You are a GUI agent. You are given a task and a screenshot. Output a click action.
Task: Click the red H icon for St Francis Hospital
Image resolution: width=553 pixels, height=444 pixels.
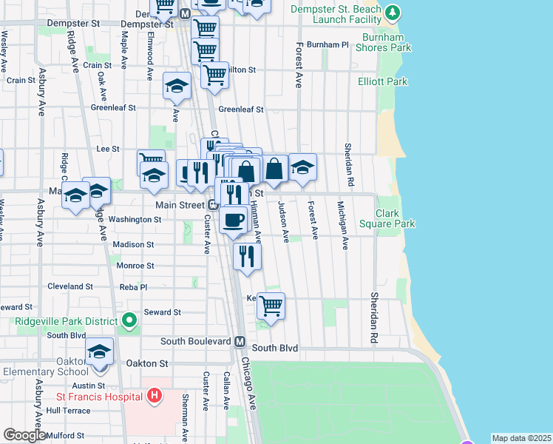(x=154, y=397)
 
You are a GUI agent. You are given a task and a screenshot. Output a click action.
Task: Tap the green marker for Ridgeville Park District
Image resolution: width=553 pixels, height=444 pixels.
(x=130, y=321)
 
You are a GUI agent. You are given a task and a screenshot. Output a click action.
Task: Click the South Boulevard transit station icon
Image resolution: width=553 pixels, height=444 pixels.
(x=240, y=342)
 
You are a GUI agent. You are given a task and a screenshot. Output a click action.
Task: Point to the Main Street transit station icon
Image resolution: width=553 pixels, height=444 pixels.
(x=212, y=204)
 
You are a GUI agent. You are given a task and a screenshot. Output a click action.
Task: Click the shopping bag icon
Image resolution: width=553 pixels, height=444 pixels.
(x=274, y=169)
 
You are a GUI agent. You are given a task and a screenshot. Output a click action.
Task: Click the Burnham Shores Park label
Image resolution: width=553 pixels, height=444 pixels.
(x=387, y=41)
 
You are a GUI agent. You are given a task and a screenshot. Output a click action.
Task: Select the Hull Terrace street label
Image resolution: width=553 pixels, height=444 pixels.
(x=68, y=410)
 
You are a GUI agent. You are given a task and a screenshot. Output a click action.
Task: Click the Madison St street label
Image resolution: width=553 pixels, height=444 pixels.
(x=133, y=244)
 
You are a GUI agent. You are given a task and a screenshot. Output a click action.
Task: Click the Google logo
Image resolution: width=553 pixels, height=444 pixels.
(x=24, y=435)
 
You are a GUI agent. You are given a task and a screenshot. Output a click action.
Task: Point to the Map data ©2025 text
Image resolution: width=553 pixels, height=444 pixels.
(x=521, y=438)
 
